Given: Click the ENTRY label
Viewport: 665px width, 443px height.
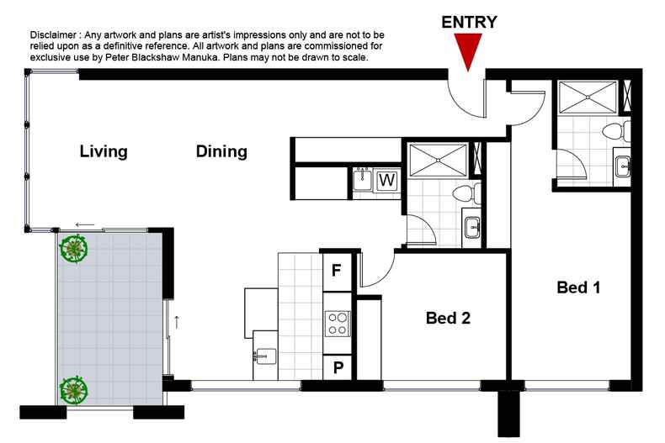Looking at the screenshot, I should click(x=469, y=23).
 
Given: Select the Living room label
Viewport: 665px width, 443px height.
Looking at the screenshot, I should click(x=104, y=152).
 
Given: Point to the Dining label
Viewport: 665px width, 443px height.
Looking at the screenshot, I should click(x=221, y=152).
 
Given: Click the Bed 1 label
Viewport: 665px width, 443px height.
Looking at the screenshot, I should click(x=578, y=287).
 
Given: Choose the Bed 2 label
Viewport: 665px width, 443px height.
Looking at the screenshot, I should click(x=447, y=318).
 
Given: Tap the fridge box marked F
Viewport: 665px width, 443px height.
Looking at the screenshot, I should click(x=337, y=271).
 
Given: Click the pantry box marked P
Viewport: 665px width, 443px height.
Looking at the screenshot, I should click(x=337, y=367).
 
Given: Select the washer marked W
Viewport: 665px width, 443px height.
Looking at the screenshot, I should click(x=387, y=180).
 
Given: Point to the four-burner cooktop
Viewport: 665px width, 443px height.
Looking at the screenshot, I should click(x=337, y=324).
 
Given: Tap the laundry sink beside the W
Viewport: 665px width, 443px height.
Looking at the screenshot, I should click(x=364, y=178).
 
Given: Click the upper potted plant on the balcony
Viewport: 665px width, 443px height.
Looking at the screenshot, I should click(x=74, y=249).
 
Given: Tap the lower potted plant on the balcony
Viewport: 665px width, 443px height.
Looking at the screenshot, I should click(x=74, y=390).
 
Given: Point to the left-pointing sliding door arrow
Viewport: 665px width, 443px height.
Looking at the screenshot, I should click(x=84, y=224).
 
